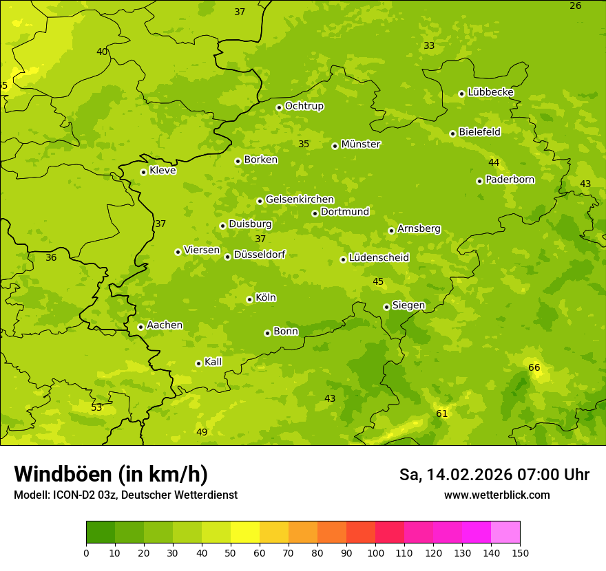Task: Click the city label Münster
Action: [x=360, y=144]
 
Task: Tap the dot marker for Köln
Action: [x=249, y=299]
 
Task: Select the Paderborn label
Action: [x=510, y=180]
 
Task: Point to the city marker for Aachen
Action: [x=140, y=327]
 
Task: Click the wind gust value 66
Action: [x=534, y=367]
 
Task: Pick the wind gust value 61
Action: [x=442, y=413]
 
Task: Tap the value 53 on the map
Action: [x=96, y=407]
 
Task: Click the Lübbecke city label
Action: [x=490, y=92]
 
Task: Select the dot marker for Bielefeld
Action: [x=452, y=133]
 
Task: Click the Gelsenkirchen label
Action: [x=300, y=200]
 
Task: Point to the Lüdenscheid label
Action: [x=379, y=258]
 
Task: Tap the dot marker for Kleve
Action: [x=143, y=172]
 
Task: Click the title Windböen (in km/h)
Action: [x=111, y=474]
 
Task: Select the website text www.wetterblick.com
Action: [x=497, y=495]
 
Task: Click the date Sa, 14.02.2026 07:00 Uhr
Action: [x=494, y=475]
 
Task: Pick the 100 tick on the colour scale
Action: [x=375, y=552]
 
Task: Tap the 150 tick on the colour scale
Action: [x=520, y=552]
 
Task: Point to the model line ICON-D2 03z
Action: [x=125, y=495]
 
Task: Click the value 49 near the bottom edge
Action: [x=202, y=432]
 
